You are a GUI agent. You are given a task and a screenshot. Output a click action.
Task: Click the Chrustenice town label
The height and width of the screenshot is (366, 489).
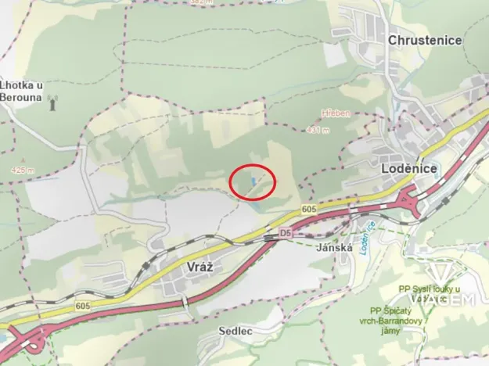coord(425,40)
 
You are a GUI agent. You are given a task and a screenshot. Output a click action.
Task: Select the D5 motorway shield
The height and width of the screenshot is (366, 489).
coord(286,232)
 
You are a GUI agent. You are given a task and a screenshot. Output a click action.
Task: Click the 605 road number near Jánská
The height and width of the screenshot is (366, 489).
coord(307,209)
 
